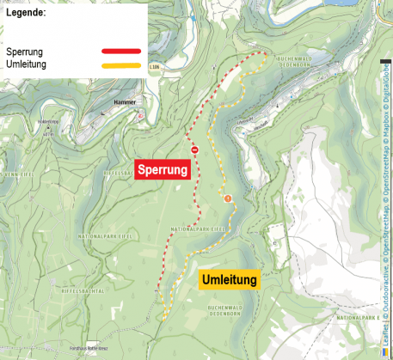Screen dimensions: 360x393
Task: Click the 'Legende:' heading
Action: pyautogui.click(x=27, y=15)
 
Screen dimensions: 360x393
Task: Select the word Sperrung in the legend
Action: pyautogui.click(x=25, y=52)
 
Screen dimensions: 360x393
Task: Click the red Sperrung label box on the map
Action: pyautogui.click(x=162, y=170)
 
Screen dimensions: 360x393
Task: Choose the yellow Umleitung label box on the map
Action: pyautogui.click(x=229, y=279)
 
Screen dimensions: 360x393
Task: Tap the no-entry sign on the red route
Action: pyautogui.click(x=195, y=150)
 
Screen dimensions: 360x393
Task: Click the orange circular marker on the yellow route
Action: pyautogui.click(x=228, y=199)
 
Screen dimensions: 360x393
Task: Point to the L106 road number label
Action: pyautogui.click(x=154, y=65)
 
